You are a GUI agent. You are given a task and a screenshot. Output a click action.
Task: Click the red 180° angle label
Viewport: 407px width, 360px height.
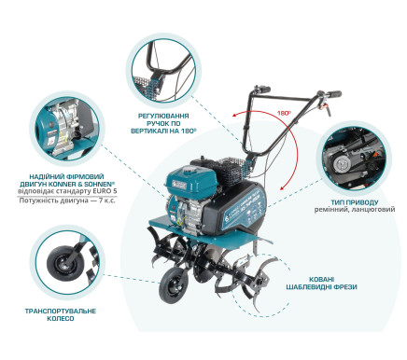[284, 113]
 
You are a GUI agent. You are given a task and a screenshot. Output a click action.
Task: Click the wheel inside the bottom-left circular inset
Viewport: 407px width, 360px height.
[63, 261]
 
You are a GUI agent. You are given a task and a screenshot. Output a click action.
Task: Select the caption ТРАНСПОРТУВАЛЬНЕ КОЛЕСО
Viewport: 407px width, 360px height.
[61, 314]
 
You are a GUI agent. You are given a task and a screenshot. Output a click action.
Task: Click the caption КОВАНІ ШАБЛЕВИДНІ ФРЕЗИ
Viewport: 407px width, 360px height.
[321, 283]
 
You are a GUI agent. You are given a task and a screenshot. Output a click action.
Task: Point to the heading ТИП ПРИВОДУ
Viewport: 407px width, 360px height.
[355, 202]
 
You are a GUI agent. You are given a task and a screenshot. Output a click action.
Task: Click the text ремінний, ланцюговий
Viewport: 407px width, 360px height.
[355, 210]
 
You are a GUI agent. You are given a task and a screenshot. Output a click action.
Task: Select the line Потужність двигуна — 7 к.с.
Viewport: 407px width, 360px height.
[67, 201]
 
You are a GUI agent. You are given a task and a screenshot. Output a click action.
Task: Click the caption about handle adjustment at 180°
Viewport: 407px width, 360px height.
[163, 123]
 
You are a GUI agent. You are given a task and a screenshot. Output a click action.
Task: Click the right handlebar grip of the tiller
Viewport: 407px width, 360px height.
[332, 93]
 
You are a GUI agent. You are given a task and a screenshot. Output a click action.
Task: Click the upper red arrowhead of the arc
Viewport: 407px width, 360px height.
[234, 116]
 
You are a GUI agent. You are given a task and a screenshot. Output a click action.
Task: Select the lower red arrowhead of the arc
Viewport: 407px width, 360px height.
[282, 187]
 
